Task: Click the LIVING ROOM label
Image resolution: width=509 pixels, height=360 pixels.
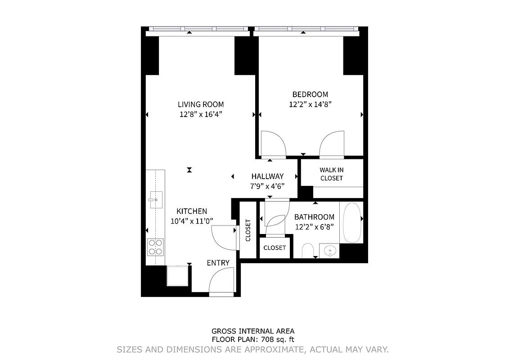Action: tap(200, 104)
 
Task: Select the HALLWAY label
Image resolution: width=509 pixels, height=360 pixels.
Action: tap(267, 176)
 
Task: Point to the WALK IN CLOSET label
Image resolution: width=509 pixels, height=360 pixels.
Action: tap(331, 174)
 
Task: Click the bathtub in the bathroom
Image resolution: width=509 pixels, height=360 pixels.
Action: tap(352, 222)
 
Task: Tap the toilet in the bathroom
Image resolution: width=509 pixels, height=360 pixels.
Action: tap(308, 251)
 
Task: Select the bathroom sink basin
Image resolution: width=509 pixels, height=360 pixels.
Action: tap(330, 250)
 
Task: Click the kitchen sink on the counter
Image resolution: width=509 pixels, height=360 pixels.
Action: tap(155, 199)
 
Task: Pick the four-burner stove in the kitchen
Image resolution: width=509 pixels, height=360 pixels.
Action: tap(155, 247)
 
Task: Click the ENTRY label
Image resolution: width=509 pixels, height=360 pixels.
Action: tap(218, 263)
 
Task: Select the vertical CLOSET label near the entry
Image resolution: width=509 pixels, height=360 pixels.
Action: tap(248, 230)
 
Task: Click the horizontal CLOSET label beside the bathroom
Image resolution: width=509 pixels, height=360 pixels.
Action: tap(275, 248)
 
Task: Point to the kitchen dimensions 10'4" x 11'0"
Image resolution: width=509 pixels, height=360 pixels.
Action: tap(192, 220)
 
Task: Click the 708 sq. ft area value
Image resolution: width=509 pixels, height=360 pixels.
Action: tap(279, 340)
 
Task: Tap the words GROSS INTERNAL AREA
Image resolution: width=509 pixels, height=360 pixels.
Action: tap(253, 331)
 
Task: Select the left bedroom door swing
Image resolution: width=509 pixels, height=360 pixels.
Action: tap(273, 144)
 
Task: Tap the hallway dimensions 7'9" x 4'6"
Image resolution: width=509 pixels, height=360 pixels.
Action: tap(267, 185)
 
